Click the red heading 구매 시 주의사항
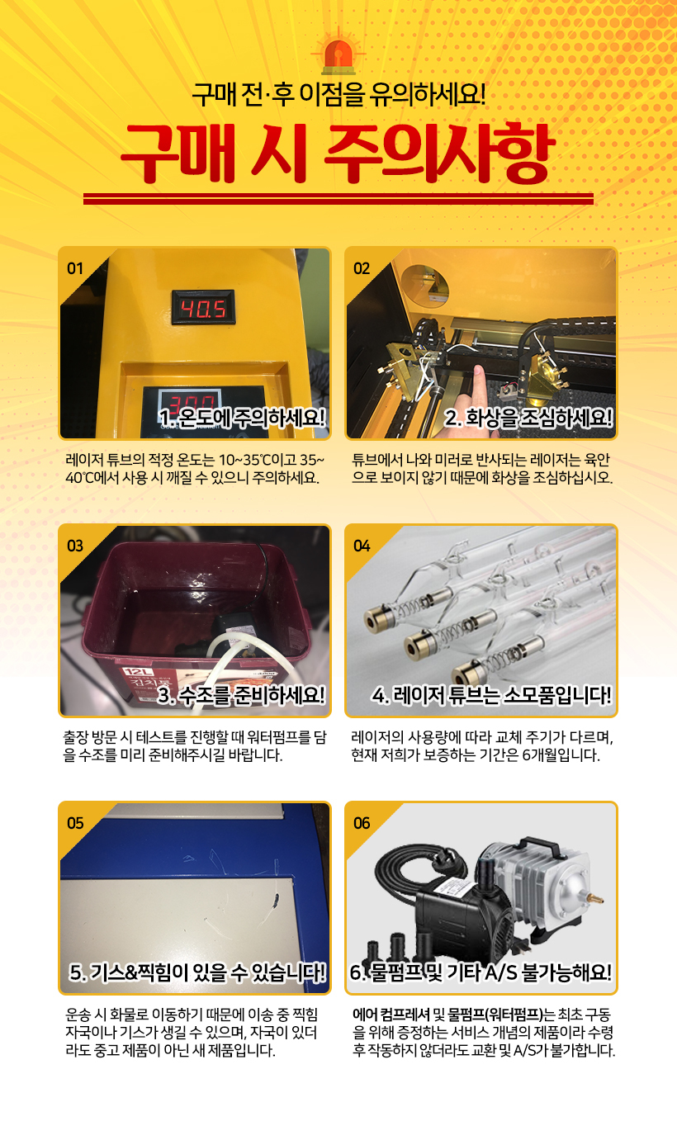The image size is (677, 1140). pos(338,154)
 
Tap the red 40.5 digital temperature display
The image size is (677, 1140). pos(203,308)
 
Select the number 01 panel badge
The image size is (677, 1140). pos(75,269)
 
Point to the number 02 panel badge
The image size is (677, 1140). pos(362,269)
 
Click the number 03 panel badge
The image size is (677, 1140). pos(75,546)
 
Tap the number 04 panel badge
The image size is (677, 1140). pos(362,546)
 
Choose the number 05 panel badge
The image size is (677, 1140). pos(75,824)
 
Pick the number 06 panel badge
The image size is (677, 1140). pos(362,824)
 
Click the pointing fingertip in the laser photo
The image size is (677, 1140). pos(478,370)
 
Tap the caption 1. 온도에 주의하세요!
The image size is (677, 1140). pos(242,419)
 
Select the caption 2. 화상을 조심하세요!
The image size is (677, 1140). pos(528,419)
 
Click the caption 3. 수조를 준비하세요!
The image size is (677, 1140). pos(241,696)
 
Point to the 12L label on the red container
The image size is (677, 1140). pos(135,672)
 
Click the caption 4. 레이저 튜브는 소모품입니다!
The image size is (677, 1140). pos(491,696)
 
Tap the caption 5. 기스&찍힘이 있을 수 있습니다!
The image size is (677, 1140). pos(197,973)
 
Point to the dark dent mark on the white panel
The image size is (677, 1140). pos(276,901)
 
